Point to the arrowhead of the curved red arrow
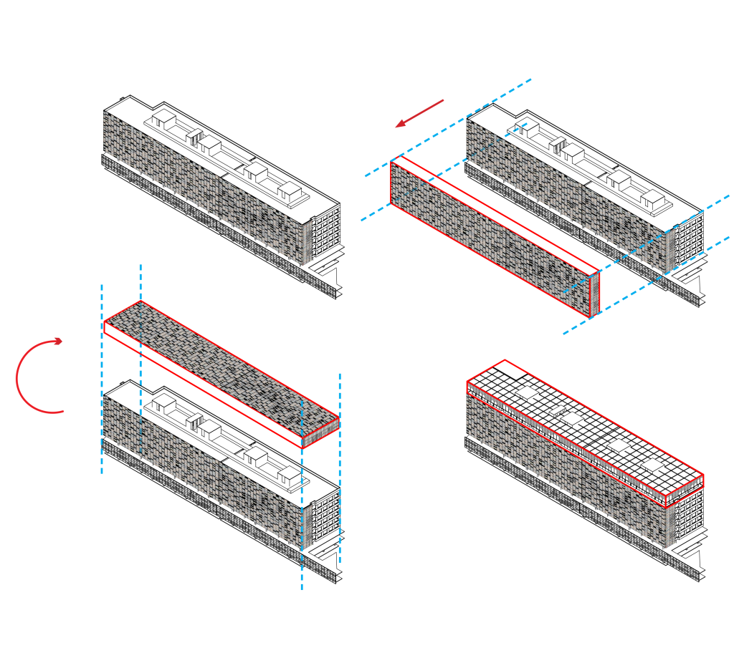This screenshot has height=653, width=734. pos(59,342)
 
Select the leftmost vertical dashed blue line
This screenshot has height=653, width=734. pos(102,379)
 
